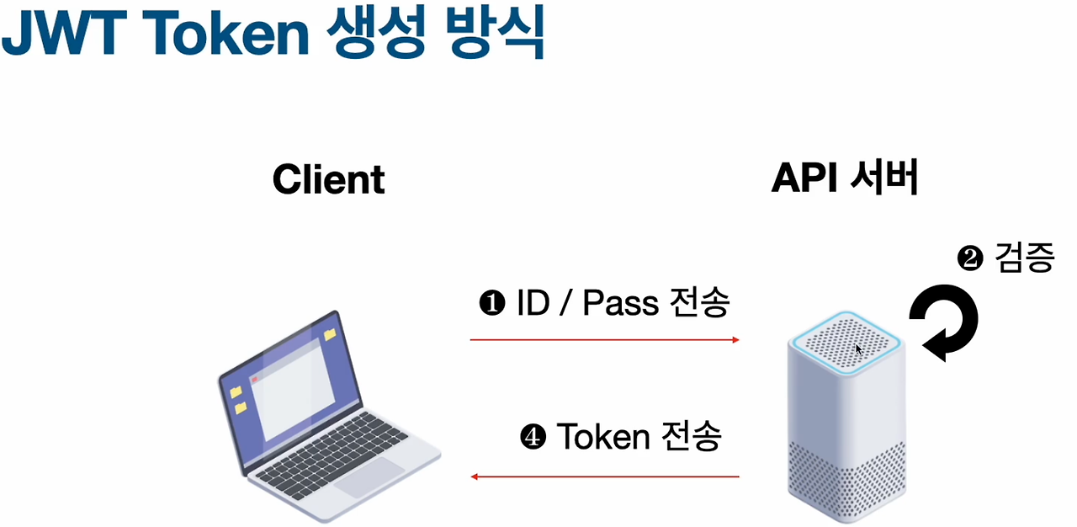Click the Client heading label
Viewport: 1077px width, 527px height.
328,179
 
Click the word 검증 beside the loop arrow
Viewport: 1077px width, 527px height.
1024,258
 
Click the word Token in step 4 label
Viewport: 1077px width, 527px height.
602,438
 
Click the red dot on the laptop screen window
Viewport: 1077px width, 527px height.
254,380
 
